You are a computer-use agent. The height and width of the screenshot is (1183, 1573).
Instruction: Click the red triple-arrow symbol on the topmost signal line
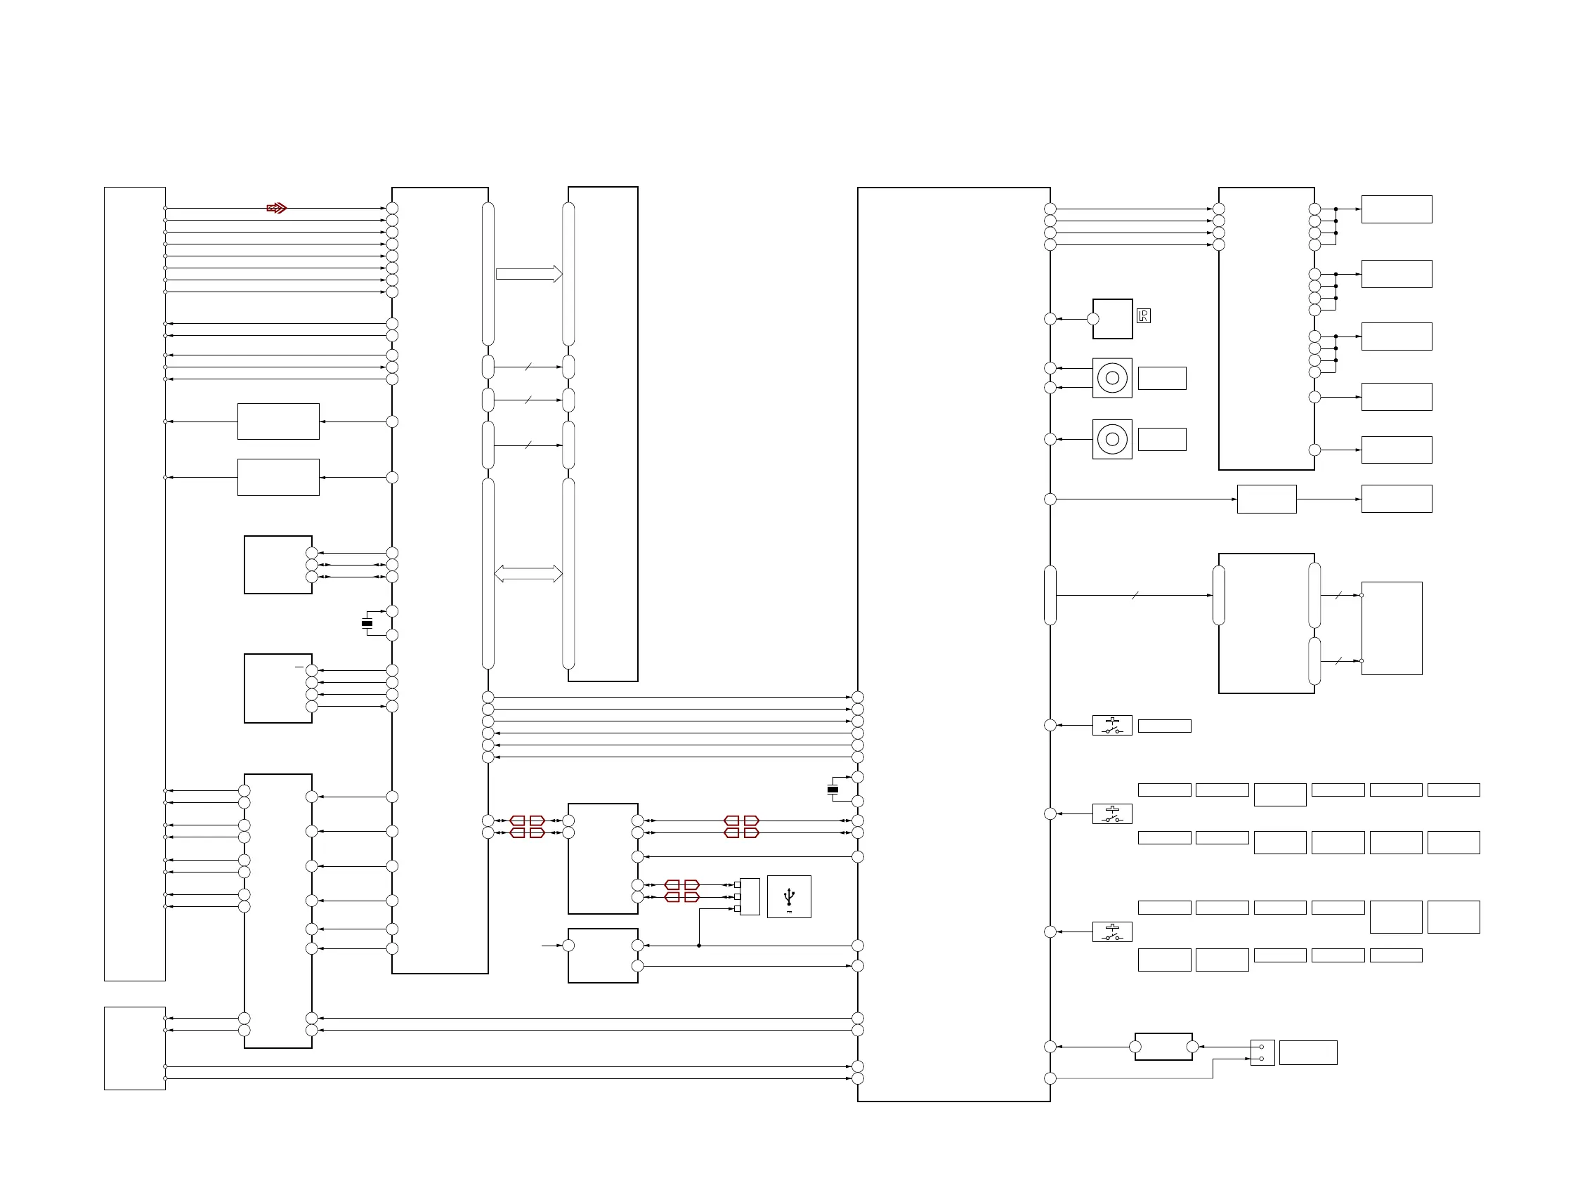click(277, 209)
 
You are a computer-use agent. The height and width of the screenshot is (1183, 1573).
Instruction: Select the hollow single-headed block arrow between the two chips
click(528, 274)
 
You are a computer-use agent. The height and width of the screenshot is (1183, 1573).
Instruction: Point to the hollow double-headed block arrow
click(528, 574)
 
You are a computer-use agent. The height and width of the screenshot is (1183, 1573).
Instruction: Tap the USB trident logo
click(789, 896)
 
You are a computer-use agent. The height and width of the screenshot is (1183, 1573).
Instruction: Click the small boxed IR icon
click(1144, 315)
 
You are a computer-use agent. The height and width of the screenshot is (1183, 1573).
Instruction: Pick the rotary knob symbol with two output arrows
click(1112, 377)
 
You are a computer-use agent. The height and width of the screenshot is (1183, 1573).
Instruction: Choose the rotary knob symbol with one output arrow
click(1112, 439)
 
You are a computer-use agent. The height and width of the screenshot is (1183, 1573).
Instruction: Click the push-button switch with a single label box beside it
click(1112, 725)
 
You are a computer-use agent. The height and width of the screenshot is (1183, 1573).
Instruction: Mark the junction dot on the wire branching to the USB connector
click(699, 946)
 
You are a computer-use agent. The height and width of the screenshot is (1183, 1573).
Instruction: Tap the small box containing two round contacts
click(1262, 1053)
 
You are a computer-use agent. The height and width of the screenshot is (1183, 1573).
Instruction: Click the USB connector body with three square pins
click(750, 896)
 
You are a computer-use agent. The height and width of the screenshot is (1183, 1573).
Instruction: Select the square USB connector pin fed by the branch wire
click(738, 909)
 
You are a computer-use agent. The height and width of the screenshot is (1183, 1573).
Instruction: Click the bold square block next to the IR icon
click(1113, 318)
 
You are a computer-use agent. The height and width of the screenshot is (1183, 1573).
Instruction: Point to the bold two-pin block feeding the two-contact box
click(1163, 1047)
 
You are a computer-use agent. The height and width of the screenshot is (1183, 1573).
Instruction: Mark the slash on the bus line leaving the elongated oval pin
click(1135, 595)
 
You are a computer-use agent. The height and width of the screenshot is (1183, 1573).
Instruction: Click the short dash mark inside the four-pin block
click(299, 667)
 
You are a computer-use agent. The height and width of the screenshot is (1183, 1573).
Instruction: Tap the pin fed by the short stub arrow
click(568, 946)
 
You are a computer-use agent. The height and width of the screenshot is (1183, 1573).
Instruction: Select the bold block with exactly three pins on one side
click(278, 565)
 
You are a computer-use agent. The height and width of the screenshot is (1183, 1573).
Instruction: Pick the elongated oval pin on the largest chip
click(1050, 595)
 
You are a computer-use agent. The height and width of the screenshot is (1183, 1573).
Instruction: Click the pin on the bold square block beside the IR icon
click(1093, 318)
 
